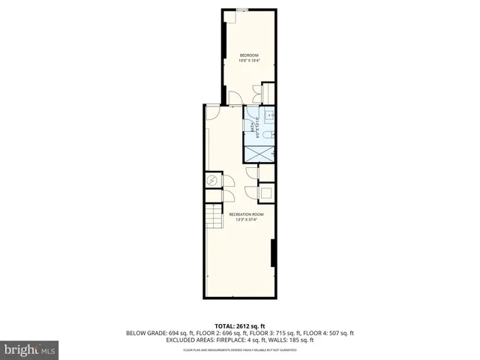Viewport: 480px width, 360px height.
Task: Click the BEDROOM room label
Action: pos(249,55)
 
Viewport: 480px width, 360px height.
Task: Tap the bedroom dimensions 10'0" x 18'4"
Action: pos(249,61)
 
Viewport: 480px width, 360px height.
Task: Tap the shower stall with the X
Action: pos(259,152)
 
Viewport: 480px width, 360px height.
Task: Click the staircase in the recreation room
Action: pos(215,217)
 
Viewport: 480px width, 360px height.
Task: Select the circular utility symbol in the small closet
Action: pos(212,181)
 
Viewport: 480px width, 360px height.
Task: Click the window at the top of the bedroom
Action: pos(242,10)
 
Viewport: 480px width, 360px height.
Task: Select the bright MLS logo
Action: pos(29,349)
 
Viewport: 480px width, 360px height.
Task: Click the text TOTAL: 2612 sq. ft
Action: pos(240,326)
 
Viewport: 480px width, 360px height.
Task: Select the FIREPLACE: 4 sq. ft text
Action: pos(241,340)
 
